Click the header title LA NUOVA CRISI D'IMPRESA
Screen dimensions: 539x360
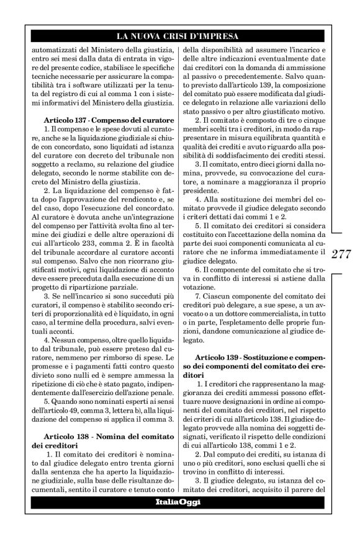[180, 36]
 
